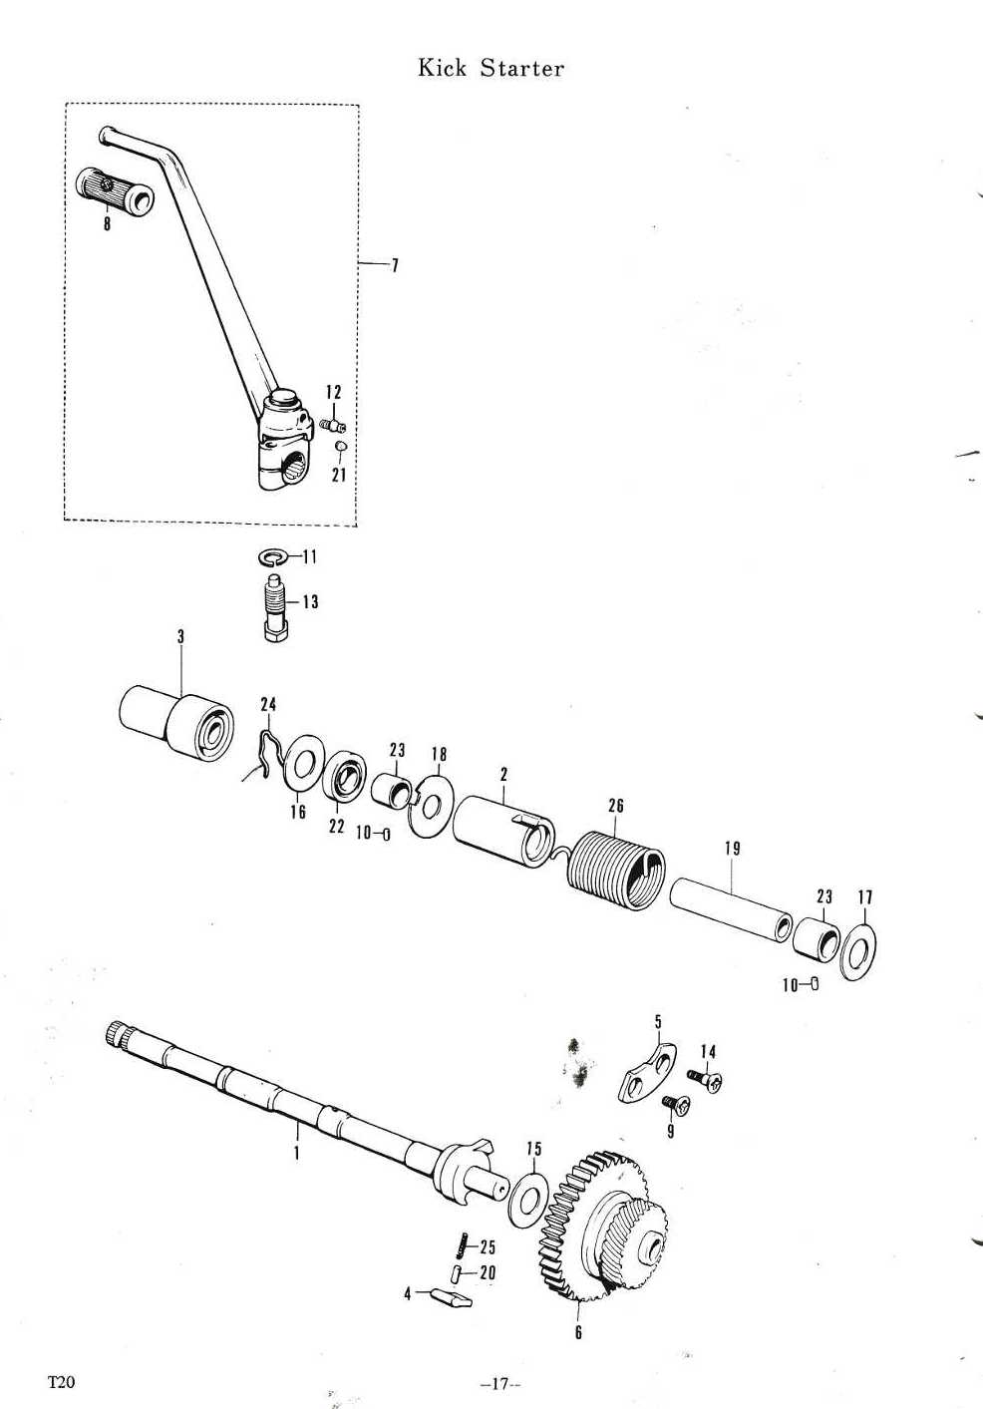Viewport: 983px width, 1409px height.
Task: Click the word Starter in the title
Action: coord(522,68)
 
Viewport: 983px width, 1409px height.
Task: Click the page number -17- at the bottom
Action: coord(500,1383)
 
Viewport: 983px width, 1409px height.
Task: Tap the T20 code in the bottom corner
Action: coord(61,1383)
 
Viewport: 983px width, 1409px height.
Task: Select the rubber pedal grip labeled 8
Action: coord(115,190)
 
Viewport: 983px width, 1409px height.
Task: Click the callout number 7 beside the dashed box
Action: coord(395,265)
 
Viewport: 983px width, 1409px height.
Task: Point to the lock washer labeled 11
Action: coord(272,556)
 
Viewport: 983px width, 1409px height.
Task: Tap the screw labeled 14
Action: coord(705,1080)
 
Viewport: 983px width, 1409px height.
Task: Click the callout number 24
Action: coord(268,704)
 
